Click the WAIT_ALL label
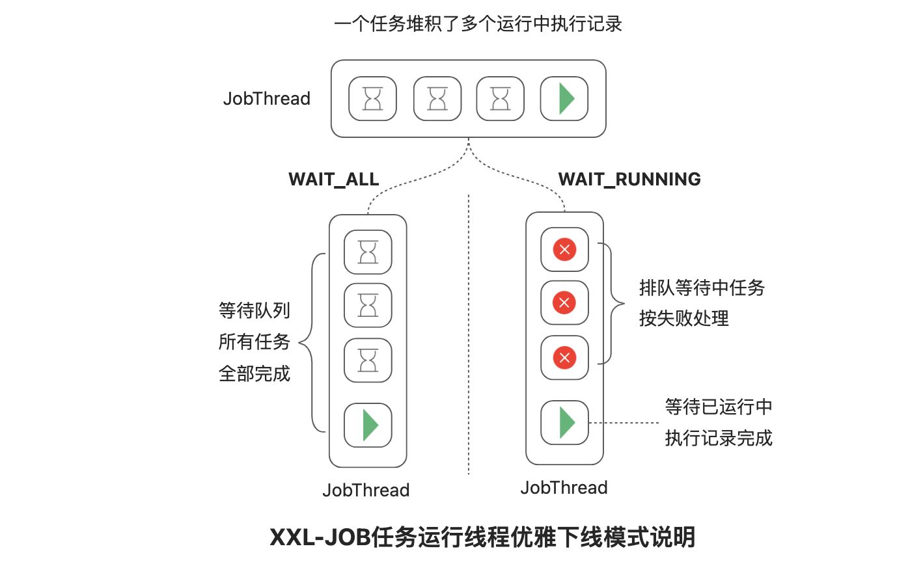(x=333, y=180)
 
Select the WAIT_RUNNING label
(x=629, y=180)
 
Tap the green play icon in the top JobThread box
(x=565, y=99)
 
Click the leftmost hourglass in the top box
(x=372, y=99)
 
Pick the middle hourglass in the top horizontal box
(x=437, y=99)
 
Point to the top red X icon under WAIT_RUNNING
(x=564, y=249)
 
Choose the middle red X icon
(x=564, y=303)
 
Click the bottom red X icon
(x=564, y=357)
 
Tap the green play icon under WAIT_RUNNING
(x=565, y=422)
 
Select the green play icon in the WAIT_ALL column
(x=368, y=425)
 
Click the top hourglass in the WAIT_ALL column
(x=368, y=252)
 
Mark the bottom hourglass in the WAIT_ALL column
(x=368, y=360)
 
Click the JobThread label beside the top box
(x=266, y=99)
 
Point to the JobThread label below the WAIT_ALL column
(x=366, y=491)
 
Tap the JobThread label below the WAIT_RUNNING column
(x=564, y=488)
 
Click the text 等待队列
(x=255, y=310)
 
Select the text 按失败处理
(x=683, y=318)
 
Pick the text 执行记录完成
(x=718, y=438)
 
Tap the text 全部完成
(x=255, y=374)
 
